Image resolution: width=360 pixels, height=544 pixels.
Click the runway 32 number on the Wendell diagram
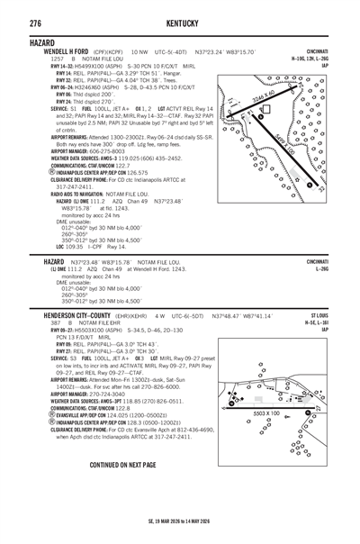coord(320,188)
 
